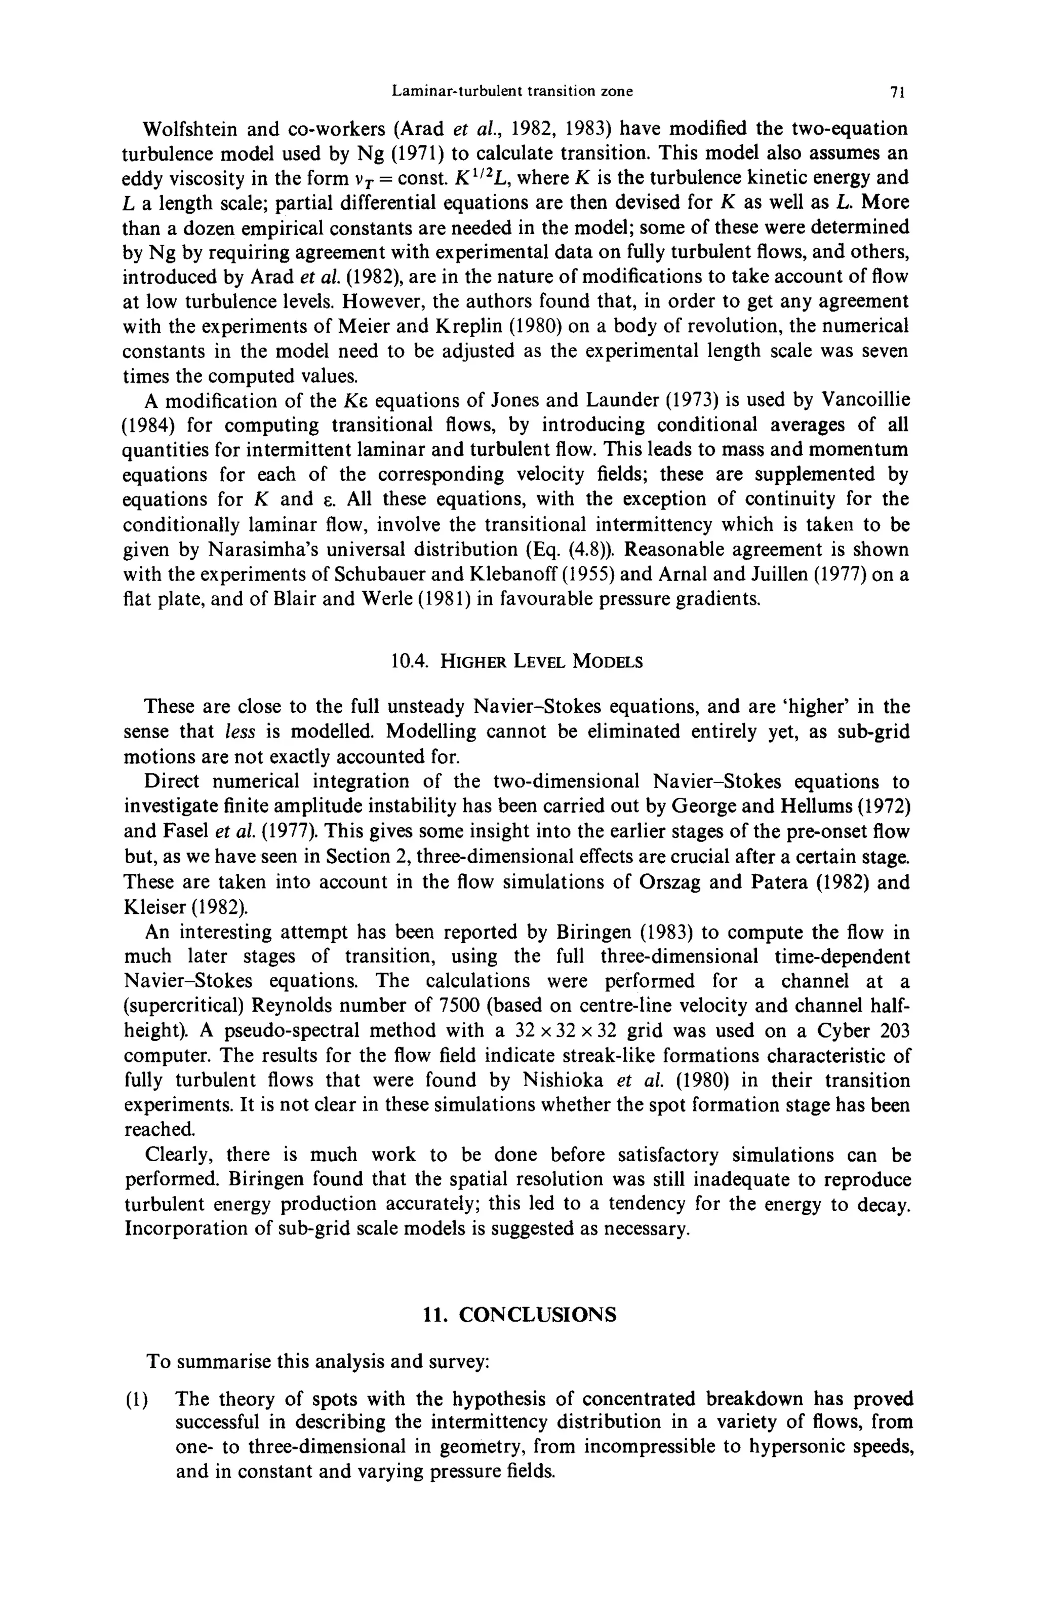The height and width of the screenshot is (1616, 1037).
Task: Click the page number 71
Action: point(896,92)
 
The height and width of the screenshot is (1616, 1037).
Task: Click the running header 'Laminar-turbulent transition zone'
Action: point(512,91)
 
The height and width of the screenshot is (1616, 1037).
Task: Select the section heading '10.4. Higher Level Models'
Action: point(516,662)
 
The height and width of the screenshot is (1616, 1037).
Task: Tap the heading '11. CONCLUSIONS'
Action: point(518,1314)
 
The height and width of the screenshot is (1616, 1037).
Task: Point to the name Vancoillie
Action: point(865,400)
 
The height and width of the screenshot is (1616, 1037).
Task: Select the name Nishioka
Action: point(563,1081)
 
